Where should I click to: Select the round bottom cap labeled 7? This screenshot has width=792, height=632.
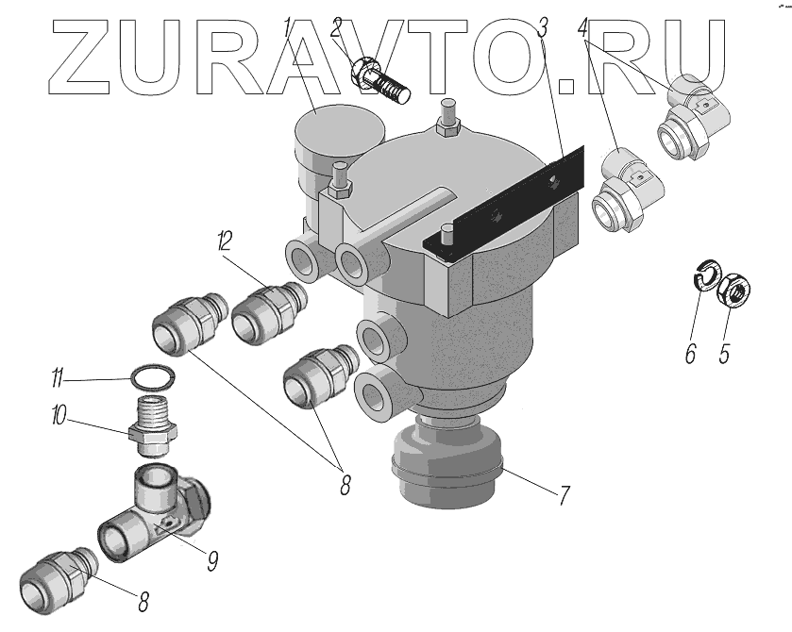[445, 461]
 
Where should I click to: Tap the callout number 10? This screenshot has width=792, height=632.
[58, 416]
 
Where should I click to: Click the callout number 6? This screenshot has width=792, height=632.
[689, 354]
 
